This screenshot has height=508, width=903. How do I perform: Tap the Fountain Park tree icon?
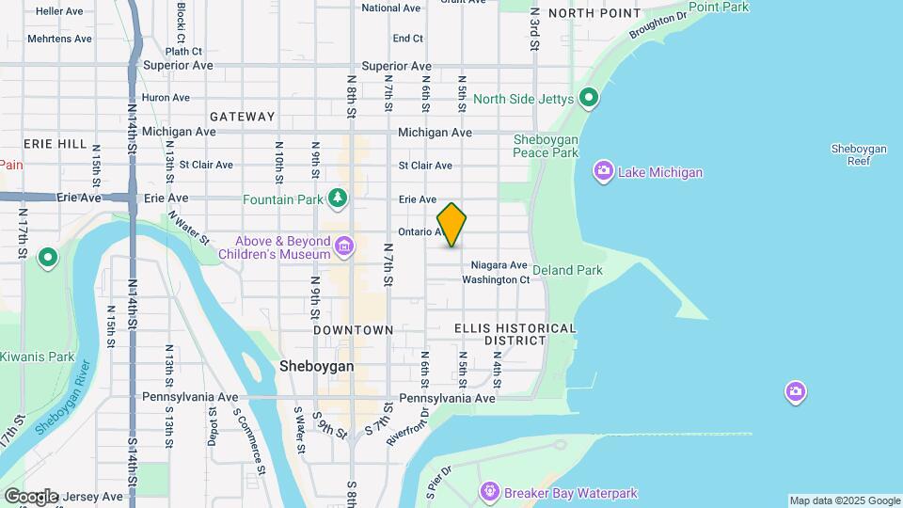338,198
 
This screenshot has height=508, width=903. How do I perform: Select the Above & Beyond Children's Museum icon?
344,247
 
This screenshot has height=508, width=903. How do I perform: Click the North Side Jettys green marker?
589,98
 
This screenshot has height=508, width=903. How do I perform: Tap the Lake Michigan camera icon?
603,172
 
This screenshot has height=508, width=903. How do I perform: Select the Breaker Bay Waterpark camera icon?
488,491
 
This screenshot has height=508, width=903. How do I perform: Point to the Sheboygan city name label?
317,367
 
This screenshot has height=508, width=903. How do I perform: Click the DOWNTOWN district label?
354,330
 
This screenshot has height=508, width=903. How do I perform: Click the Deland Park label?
567,270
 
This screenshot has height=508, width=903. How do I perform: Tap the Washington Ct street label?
496,279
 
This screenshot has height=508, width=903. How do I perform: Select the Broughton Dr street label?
658,26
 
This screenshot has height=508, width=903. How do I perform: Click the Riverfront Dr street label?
420,426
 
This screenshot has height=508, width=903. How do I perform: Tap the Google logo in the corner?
31,496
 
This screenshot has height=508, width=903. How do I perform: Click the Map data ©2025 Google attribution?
844,500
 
